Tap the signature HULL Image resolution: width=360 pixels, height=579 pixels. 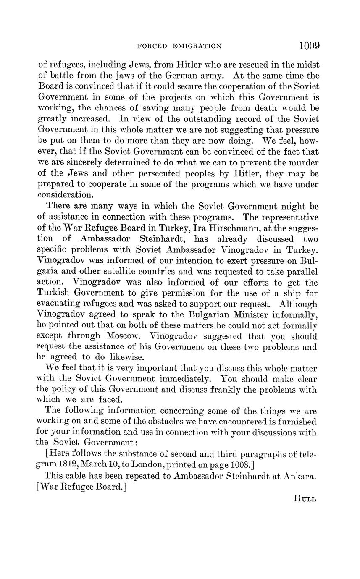(305, 499)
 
